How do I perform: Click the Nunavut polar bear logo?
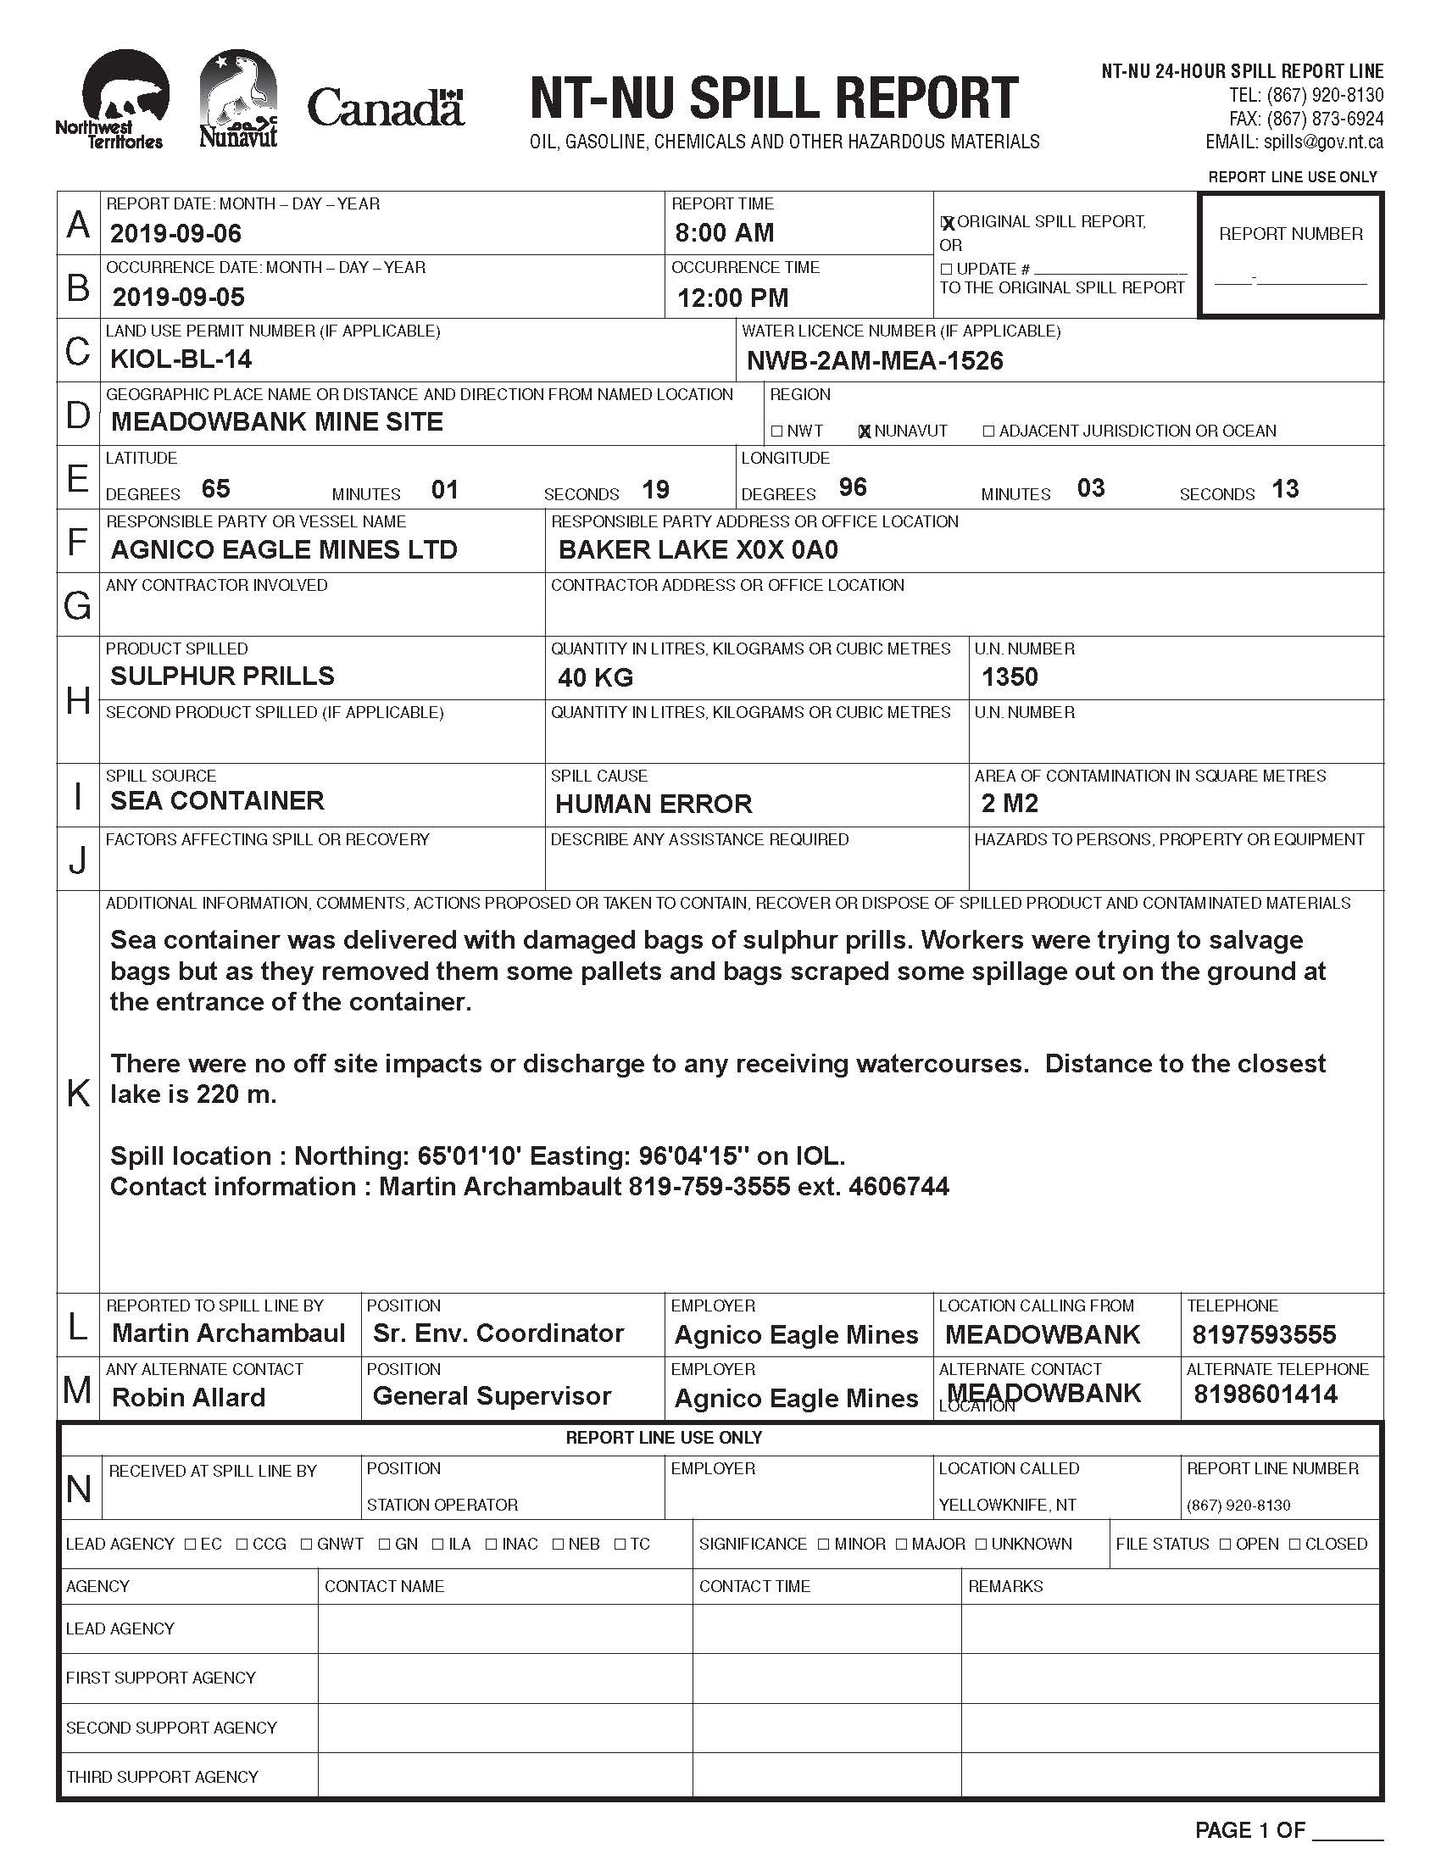click(x=238, y=98)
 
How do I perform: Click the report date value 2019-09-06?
click(x=175, y=233)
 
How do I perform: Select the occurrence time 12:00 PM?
click(x=732, y=298)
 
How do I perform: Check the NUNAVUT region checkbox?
click(x=865, y=431)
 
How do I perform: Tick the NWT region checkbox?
click(x=776, y=431)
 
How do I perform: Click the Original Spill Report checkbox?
click(x=947, y=223)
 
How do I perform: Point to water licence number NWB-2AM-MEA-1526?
click(x=875, y=361)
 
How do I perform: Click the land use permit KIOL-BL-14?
click(x=181, y=359)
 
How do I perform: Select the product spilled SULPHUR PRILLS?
click(x=222, y=676)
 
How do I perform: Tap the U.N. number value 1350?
click(x=1010, y=677)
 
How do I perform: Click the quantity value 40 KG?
click(x=595, y=678)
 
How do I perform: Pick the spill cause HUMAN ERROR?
click(x=654, y=804)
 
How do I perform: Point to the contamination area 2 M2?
click(x=1010, y=804)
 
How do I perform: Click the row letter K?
click(x=78, y=1092)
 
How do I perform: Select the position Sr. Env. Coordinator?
click(x=498, y=1333)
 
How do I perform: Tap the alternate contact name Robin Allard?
click(x=189, y=1397)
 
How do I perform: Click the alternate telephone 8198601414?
click(x=1266, y=1395)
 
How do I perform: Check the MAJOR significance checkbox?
click(x=902, y=1544)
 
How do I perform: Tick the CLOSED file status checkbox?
click(x=1295, y=1544)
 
